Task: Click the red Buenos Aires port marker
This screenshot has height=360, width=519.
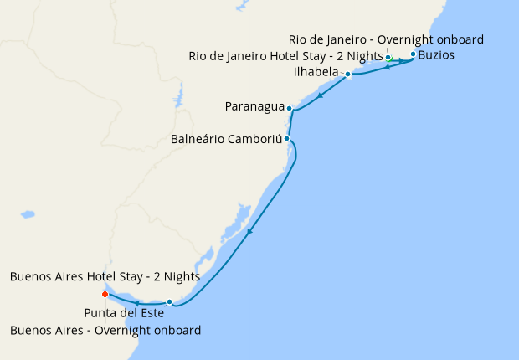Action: point(105,294)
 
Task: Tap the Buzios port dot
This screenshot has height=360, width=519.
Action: point(413,54)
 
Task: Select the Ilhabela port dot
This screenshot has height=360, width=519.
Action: point(347,74)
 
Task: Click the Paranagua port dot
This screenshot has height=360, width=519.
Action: point(289,108)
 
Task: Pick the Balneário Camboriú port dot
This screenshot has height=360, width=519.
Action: point(286,138)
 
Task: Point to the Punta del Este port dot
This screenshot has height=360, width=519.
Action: point(169,301)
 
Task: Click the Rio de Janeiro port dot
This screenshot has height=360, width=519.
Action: point(388,57)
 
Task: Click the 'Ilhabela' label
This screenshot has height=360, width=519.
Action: point(316,73)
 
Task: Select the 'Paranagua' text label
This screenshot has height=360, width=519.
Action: point(254,107)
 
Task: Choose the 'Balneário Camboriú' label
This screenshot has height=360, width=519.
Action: point(225,139)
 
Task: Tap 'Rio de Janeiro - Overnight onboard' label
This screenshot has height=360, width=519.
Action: point(386,39)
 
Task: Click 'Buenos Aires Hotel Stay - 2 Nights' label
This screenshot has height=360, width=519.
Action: point(105,276)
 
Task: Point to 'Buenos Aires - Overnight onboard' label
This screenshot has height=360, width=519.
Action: point(105,330)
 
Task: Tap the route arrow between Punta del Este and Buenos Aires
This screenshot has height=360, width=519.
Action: point(136,302)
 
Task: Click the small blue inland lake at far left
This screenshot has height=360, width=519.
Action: point(28,215)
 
